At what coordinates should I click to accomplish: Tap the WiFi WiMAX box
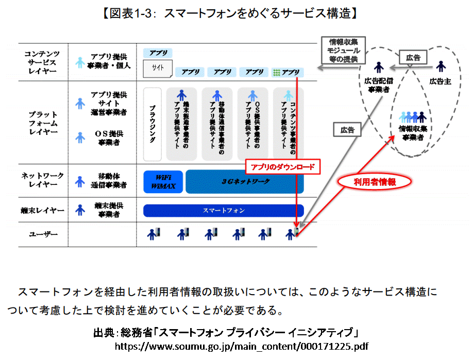[162, 181]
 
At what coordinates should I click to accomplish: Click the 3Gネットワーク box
[245, 181]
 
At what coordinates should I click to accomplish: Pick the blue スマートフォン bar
[223, 211]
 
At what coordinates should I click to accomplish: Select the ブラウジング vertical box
[152, 124]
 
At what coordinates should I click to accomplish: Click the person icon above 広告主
[440, 67]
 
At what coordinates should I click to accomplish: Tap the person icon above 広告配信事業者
[378, 67]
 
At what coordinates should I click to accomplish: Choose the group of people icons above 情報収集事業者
[413, 117]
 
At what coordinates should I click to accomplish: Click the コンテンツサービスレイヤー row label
[42, 62]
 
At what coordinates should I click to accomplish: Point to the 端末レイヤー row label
[42, 210]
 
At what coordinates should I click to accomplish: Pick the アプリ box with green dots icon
[288, 73]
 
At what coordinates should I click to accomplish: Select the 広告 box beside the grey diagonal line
[347, 130]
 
